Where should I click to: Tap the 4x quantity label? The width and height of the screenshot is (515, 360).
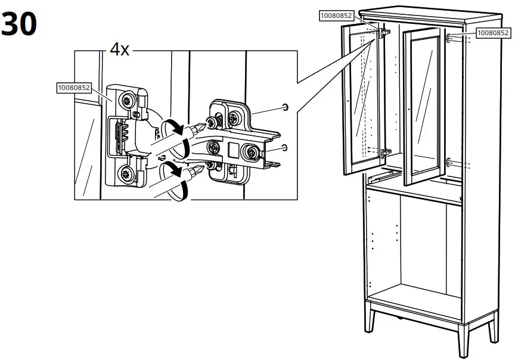[x=119, y=49]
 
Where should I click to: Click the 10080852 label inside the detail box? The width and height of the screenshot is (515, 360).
[x=73, y=88]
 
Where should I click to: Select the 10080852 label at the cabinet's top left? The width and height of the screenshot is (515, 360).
[x=336, y=16]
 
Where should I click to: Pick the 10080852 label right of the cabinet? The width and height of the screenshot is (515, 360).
[x=493, y=33]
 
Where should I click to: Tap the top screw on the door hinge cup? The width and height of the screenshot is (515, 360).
[x=128, y=101]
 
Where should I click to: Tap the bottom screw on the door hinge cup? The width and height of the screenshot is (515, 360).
[x=127, y=175]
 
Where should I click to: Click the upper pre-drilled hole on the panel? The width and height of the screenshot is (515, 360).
[x=285, y=108]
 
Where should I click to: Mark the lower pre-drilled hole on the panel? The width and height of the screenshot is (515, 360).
[x=285, y=146]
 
